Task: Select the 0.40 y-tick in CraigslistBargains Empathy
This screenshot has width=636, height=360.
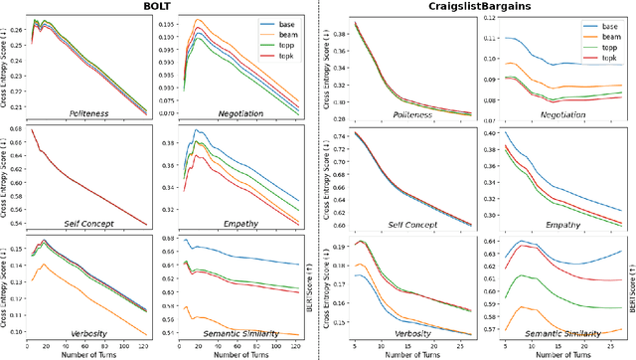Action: point(491,132)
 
